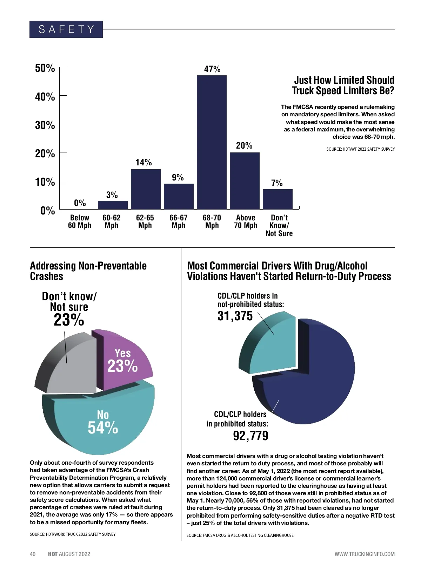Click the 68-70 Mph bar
pyautogui.click(x=212, y=142)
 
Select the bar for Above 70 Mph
pyautogui.click(x=245, y=181)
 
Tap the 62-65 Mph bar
pyautogui.click(x=146, y=189)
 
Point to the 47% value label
pyautogui.click(x=212, y=69)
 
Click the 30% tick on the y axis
pyautogui.click(x=45, y=125)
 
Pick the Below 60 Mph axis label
pyautogui.click(x=80, y=222)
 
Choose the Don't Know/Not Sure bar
pyautogui.click(x=278, y=199)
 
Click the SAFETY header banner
pyautogui.click(x=66, y=29)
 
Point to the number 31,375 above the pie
pyautogui.click(x=235, y=316)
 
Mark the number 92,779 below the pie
pyautogui.click(x=250, y=436)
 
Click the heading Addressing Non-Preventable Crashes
pyautogui.click(x=88, y=271)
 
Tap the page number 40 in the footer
pyautogui.click(x=33, y=554)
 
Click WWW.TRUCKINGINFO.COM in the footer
pyautogui.click(x=364, y=554)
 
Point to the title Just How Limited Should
pyautogui.click(x=344, y=80)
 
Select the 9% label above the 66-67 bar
pyautogui.click(x=178, y=178)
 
